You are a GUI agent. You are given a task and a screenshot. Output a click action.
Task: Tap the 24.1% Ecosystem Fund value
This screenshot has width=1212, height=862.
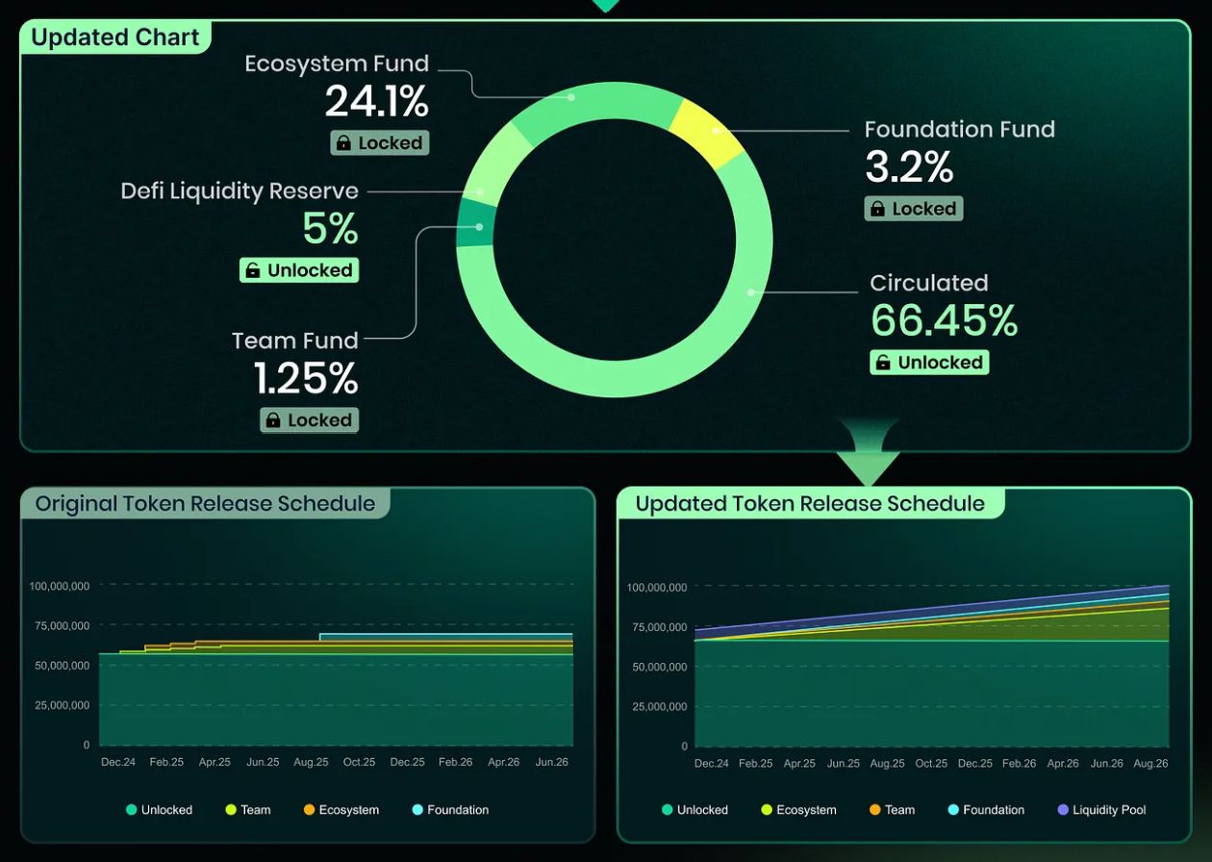(376, 101)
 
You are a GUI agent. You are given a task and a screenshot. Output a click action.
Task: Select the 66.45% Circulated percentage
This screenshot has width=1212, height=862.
(944, 321)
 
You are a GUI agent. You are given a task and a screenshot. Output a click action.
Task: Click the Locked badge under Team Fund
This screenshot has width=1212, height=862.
(309, 420)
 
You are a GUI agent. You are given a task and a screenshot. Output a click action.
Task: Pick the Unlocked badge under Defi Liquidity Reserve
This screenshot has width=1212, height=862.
(299, 270)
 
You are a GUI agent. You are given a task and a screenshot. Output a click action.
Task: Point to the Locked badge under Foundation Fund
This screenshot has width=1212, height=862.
(913, 209)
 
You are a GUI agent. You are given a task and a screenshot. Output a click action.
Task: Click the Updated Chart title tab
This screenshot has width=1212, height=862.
(115, 38)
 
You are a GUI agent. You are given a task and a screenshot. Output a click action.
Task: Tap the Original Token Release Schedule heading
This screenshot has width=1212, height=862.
(205, 503)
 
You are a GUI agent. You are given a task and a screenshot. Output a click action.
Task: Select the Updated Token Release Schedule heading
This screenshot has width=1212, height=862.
(810, 503)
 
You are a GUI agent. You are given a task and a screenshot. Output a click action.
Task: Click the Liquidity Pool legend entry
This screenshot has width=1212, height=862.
(1101, 810)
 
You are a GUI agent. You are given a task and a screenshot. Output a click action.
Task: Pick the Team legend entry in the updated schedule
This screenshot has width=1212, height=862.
(892, 810)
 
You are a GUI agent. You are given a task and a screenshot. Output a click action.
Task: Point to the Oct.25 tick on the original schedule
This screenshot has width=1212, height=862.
(359, 762)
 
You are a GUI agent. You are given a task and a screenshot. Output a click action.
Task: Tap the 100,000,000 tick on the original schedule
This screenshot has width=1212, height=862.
(60, 586)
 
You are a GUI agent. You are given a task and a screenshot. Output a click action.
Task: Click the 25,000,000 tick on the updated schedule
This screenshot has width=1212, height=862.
(659, 707)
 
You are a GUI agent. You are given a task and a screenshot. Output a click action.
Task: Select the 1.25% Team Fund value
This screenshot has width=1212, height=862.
(306, 378)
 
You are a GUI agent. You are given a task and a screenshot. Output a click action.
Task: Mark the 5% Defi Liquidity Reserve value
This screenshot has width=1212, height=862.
(330, 229)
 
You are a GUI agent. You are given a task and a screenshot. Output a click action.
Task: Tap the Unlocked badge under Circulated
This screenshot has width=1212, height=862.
(929, 363)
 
